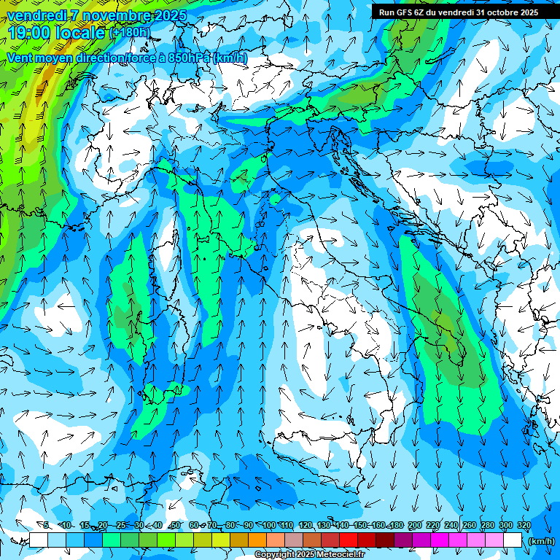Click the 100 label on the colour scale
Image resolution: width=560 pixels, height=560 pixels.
tap(269, 525)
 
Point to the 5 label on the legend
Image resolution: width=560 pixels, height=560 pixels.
tap(46, 525)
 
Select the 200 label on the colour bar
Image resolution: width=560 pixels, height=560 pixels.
tap(415, 525)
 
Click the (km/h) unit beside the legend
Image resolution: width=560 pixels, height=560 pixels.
tap(540, 540)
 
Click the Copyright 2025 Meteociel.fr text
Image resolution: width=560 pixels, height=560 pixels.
tap(309, 554)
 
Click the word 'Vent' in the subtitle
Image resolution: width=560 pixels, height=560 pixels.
tap(20, 58)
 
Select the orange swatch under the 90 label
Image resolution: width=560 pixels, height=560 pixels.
tap(257, 540)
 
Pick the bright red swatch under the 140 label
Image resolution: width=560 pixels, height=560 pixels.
tap(349, 540)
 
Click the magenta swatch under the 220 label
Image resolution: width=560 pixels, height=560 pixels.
tap(440, 540)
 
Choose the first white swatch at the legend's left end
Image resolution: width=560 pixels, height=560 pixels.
tap(39, 540)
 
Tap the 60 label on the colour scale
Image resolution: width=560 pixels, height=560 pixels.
tap(193, 525)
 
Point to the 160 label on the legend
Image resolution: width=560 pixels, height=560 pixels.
tap(378, 525)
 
